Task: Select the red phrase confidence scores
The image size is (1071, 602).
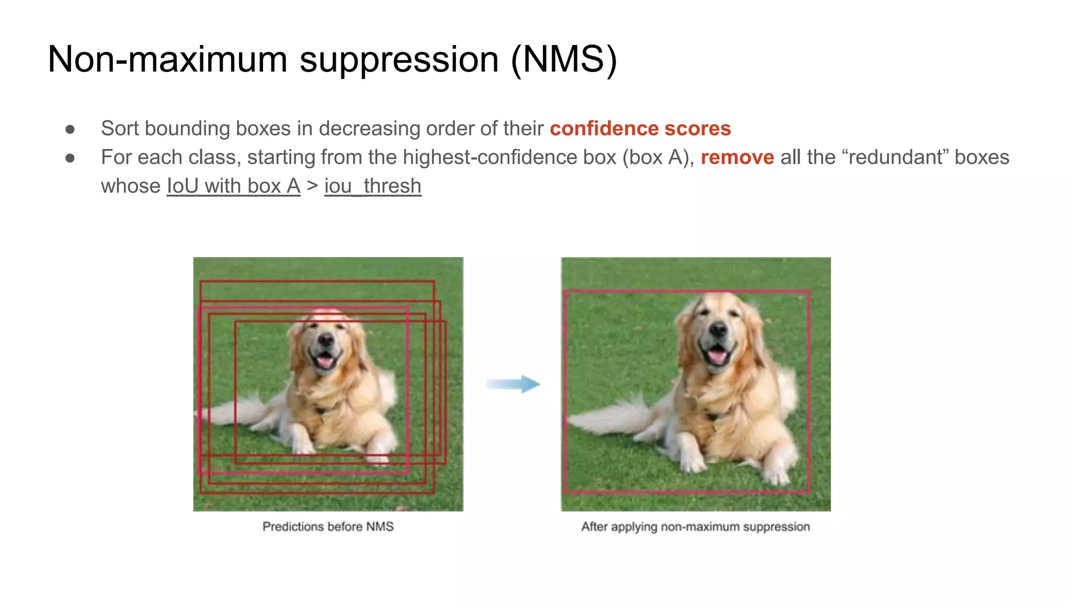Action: pyautogui.click(x=640, y=129)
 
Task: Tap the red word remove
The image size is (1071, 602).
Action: pyautogui.click(x=737, y=157)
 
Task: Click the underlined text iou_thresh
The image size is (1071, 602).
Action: pyautogui.click(x=372, y=186)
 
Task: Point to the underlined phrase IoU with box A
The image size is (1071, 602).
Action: pyautogui.click(x=233, y=186)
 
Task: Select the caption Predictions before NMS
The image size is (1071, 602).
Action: pyautogui.click(x=328, y=527)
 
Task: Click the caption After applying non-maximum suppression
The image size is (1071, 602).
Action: pyautogui.click(x=696, y=527)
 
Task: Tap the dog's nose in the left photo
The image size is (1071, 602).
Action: pyautogui.click(x=326, y=340)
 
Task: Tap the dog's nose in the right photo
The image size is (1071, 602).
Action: pyautogui.click(x=718, y=329)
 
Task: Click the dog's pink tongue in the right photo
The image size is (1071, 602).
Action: pyautogui.click(x=716, y=356)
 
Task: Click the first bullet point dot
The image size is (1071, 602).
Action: pyautogui.click(x=70, y=129)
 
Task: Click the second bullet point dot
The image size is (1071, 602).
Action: pyautogui.click(x=70, y=158)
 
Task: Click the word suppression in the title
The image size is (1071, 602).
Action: pyautogui.click(x=399, y=59)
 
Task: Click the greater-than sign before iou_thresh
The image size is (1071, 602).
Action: pyautogui.click(x=312, y=186)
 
